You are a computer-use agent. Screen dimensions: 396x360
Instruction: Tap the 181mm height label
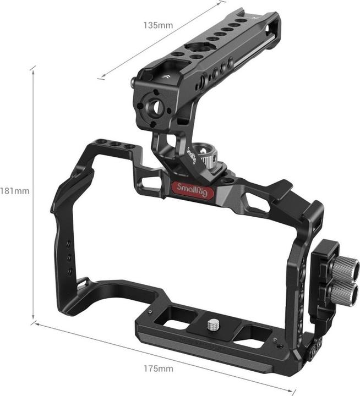coord(15,191)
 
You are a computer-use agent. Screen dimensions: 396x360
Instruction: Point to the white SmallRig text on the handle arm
coord(191,156)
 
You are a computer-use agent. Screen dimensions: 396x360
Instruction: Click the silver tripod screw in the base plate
coord(212,325)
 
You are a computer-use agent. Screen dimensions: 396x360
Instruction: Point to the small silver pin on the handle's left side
coord(134,83)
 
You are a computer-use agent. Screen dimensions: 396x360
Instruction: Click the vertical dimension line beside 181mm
coord(34,193)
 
